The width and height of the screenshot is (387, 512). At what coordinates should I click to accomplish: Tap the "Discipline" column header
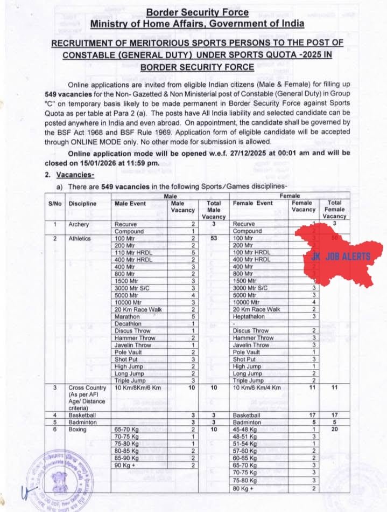(82, 204)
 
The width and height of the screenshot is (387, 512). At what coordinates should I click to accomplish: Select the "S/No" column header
(55, 204)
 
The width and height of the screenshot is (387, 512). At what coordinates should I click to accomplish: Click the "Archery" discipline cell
(79, 224)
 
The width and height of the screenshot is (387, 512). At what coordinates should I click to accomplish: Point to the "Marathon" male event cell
(126, 316)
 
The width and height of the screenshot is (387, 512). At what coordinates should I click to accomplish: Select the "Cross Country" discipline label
(86, 388)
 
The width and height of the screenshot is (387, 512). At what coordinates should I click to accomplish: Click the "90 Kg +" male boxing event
(125, 465)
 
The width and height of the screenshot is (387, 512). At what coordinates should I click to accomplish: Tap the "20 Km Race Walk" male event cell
(138, 309)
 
